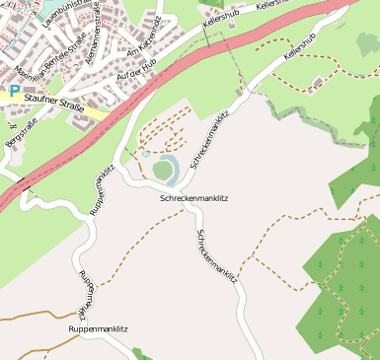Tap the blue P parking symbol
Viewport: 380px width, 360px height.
[x=15, y=90]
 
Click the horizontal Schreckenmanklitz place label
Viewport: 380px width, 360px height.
[x=193, y=198]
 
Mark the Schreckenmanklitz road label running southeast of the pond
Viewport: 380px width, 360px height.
[x=217, y=256]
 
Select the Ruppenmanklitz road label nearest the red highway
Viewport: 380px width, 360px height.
[x=103, y=187]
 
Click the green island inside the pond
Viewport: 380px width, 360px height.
[x=163, y=171]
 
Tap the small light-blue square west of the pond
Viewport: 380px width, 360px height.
[x=145, y=154]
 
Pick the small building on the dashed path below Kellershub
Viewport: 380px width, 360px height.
[x=317, y=84]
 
